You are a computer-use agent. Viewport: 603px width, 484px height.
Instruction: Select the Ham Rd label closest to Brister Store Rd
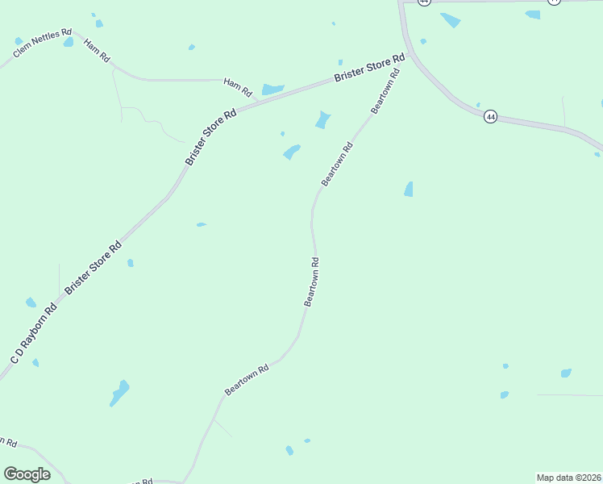click(238, 84)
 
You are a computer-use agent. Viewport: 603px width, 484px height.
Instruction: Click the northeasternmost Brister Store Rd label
click(369, 69)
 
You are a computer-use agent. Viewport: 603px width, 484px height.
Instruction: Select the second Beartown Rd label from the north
click(337, 165)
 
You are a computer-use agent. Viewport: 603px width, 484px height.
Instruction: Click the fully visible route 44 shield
click(490, 117)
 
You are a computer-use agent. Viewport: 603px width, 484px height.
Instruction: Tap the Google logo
click(27, 474)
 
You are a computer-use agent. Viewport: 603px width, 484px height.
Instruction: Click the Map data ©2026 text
click(568, 478)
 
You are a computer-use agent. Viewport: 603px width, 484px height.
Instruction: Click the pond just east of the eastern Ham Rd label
click(272, 89)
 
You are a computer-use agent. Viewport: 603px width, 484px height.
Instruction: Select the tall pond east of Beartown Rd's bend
click(409, 189)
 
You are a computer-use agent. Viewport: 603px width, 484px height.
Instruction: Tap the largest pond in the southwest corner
click(119, 393)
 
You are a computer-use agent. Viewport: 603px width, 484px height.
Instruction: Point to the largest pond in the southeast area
click(566, 373)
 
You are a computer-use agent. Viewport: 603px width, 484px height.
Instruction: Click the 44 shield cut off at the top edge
click(425, 2)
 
